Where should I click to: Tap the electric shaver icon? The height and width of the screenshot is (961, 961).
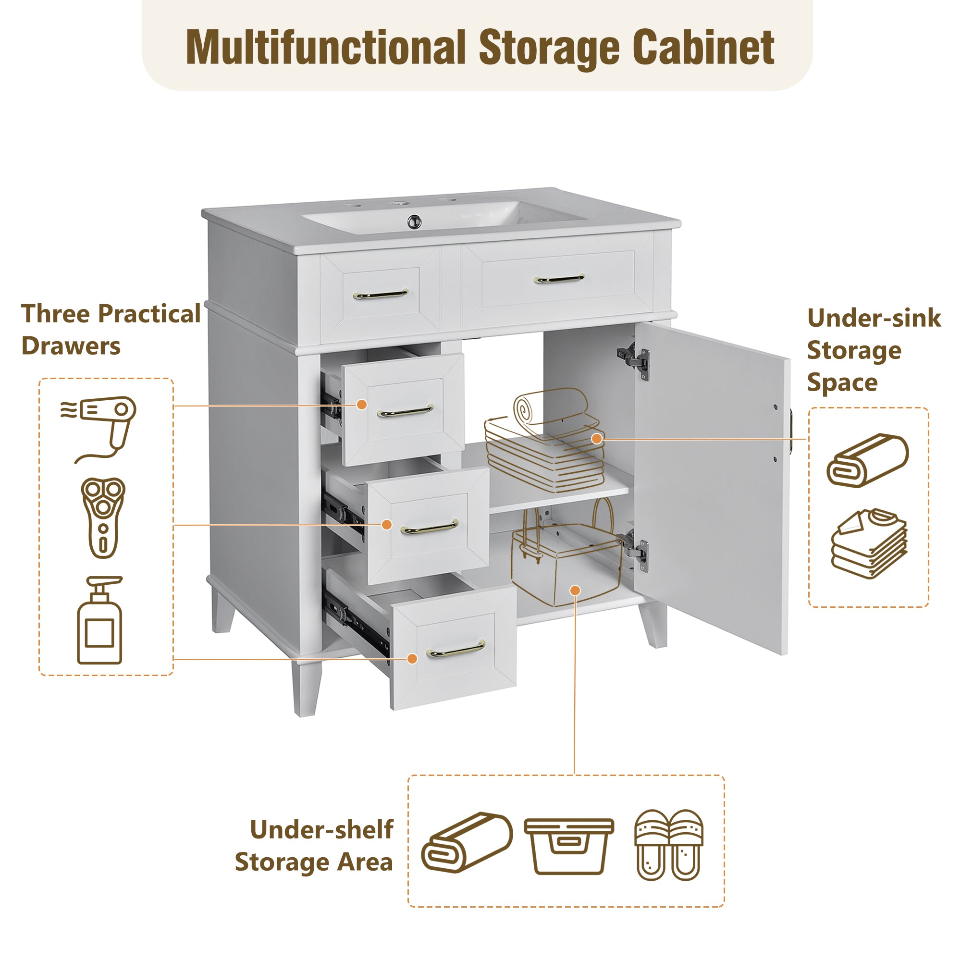(103, 518)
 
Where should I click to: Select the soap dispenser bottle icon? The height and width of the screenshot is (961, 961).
(99, 621)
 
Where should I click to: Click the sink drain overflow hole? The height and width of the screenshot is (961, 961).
(414, 222)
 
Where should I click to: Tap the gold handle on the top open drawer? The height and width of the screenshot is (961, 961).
(406, 411)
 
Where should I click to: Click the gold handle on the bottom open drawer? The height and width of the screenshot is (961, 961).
(456, 649)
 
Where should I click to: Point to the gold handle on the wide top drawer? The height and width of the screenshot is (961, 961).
(559, 279)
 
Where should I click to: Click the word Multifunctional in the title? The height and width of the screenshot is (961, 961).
(326, 47)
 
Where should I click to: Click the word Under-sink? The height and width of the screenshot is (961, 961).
(874, 318)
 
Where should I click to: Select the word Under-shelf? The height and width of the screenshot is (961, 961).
(321, 830)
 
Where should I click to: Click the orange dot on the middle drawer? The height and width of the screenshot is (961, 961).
(386, 524)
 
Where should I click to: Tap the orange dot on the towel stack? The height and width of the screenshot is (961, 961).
(597, 439)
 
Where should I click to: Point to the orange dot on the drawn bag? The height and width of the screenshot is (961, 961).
(575, 591)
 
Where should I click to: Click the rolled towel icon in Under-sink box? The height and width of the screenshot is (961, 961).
(867, 460)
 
